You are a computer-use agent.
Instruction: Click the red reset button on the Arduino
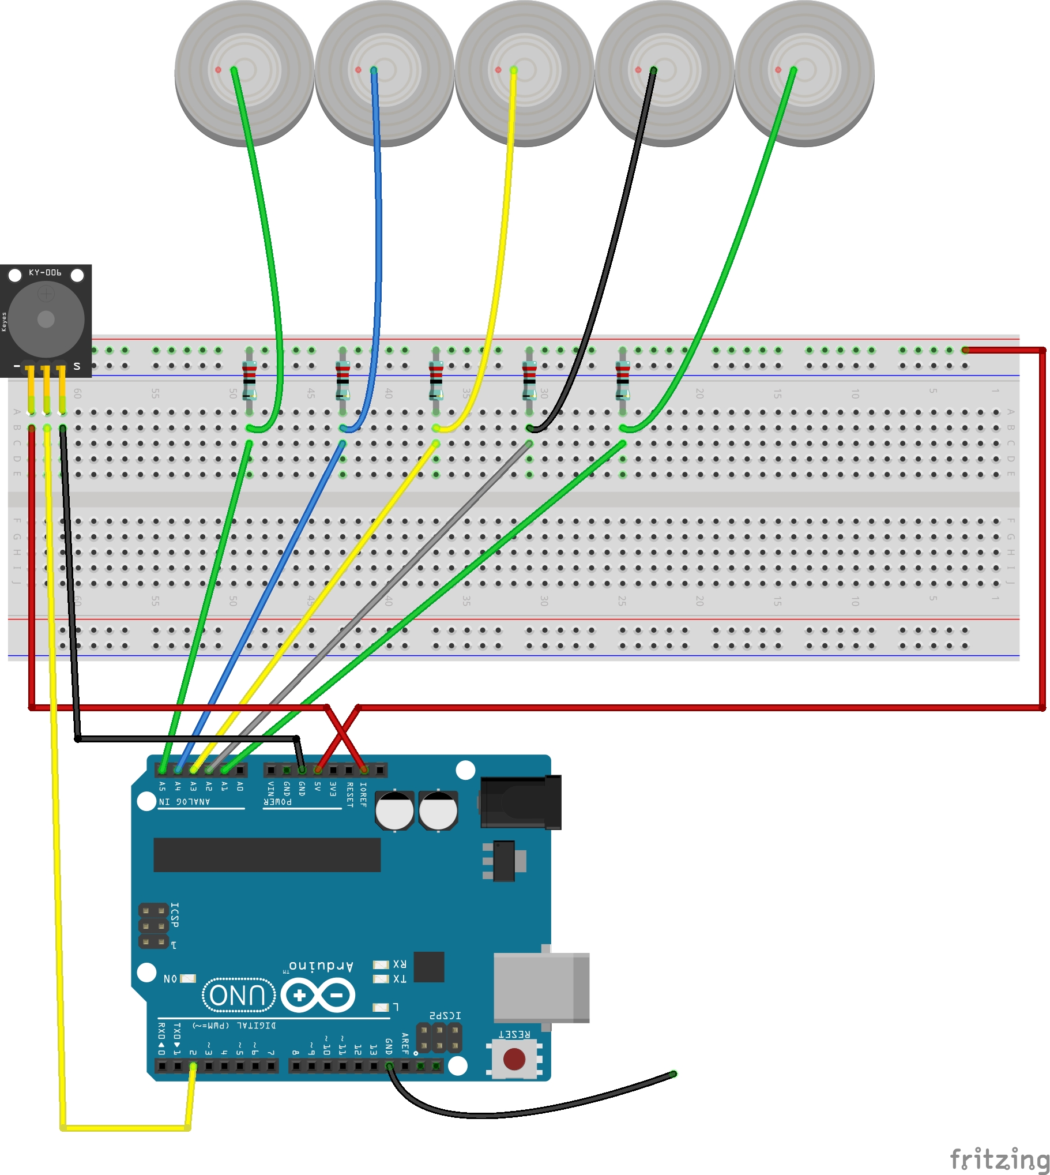pos(514,1059)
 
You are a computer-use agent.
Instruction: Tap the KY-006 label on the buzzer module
pos(45,272)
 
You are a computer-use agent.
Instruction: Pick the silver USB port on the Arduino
pos(541,988)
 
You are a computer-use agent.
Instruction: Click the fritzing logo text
pos(998,1158)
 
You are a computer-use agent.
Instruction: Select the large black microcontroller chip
pos(266,855)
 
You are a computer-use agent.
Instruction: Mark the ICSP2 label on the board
pos(445,1015)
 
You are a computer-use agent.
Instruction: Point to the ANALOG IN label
pos(185,802)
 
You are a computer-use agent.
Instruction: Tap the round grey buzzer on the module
pos(46,318)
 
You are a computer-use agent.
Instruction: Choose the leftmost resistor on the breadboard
pos(249,380)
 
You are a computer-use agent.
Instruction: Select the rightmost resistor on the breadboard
pos(623,380)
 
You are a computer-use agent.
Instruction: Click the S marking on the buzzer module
pos(77,366)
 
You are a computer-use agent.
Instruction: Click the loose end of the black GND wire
pos(673,1074)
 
